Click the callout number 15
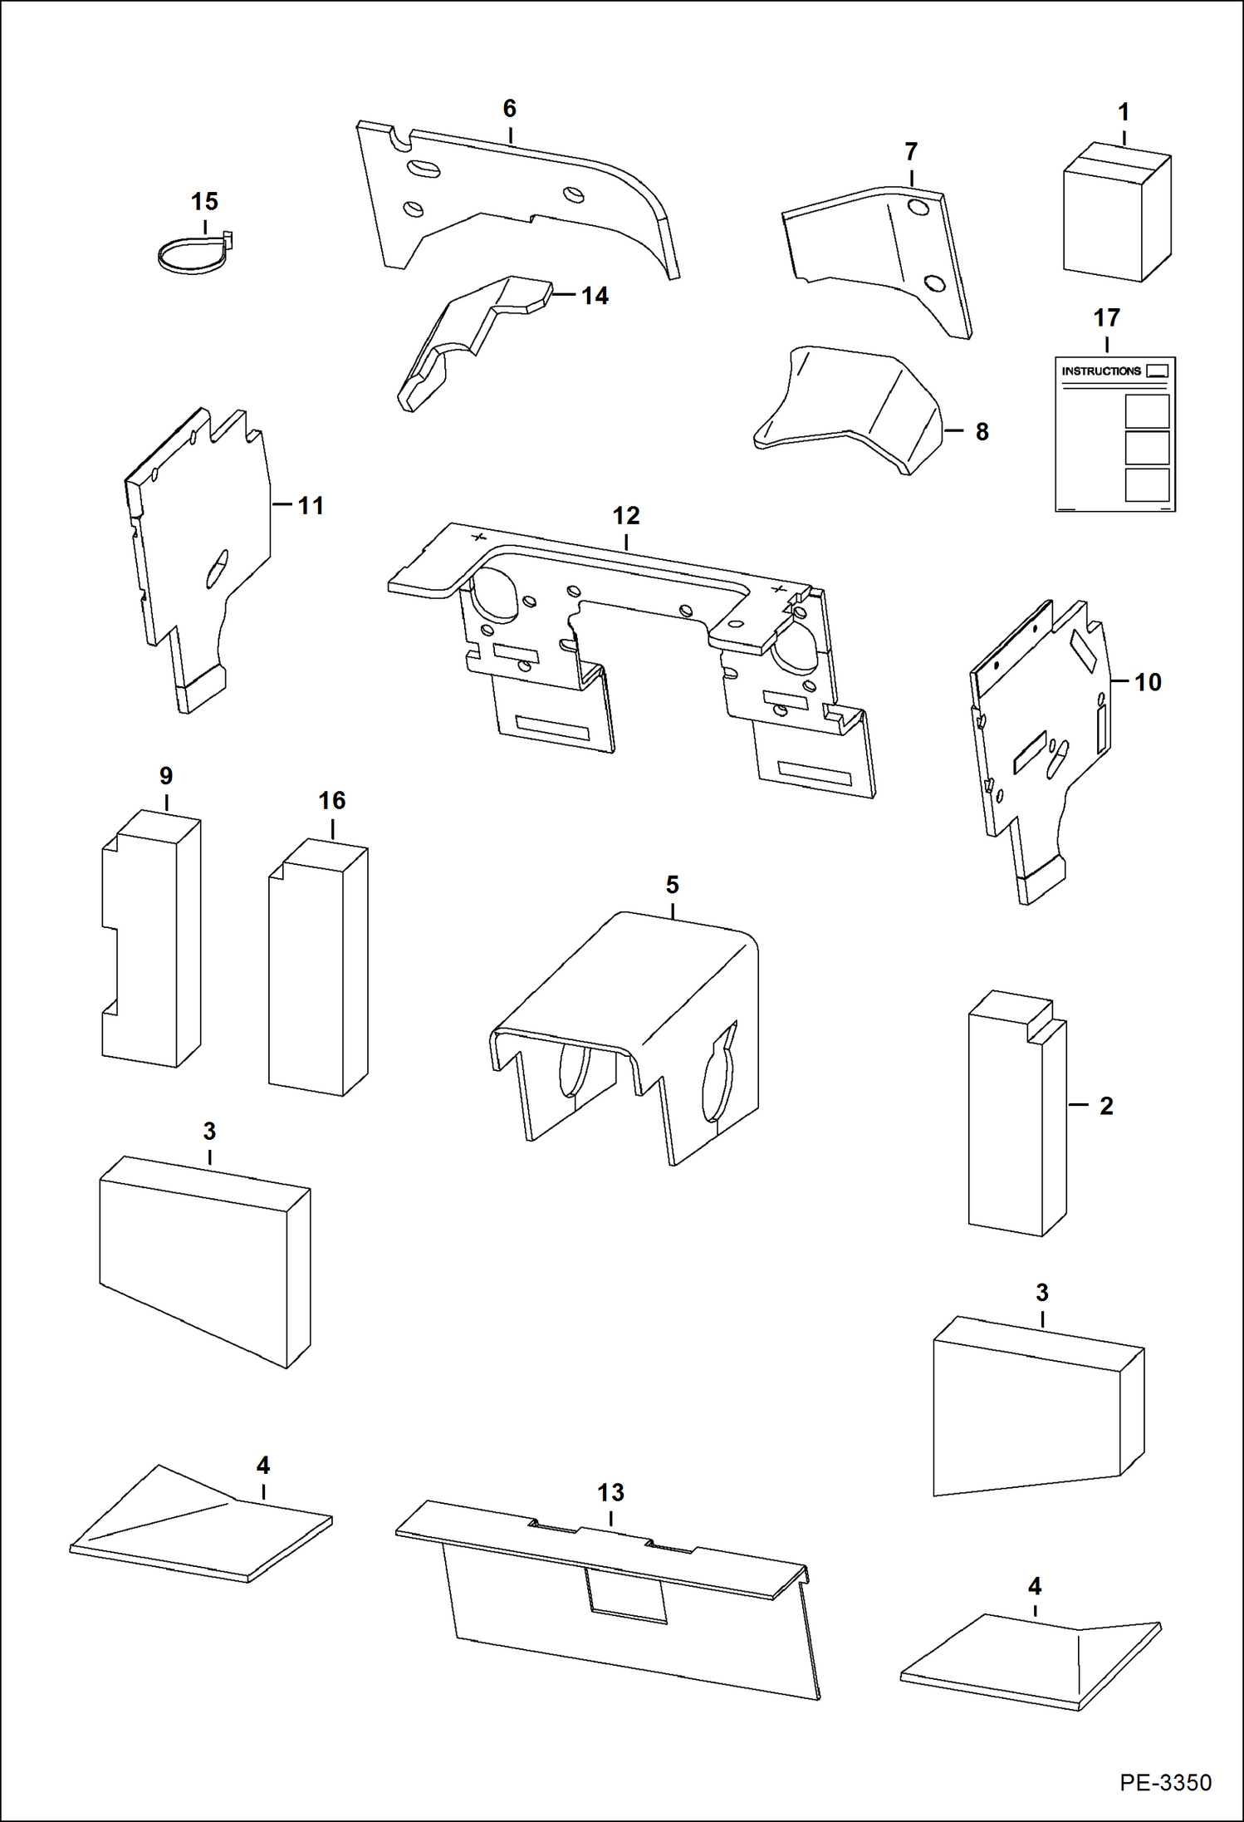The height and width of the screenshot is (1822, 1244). click(x=204, y=202)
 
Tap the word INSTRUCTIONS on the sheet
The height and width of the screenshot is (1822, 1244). click(x=1101, y=371)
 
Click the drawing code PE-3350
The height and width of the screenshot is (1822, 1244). click(x=1164, y=1782)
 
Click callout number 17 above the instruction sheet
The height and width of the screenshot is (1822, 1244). click(x=1106, y=318)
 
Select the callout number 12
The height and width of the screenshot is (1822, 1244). click(x=626, y=516)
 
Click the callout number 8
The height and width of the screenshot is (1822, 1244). click(x=982, y=432)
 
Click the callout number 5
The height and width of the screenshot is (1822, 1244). click(x=672, y=885)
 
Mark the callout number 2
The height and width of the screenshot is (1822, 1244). click(x=1106, y=1106)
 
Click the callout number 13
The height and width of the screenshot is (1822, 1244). click(x=610, y=1493)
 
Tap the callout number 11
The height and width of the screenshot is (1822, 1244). click(x=311, y=506)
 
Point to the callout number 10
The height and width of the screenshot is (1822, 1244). click(x=1148, y=682)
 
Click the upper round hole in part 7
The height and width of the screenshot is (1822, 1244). click(x=918, y=208)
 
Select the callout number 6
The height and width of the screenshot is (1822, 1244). click(x=509, y=109)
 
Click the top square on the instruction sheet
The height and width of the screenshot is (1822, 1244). click(x=1147, y=411)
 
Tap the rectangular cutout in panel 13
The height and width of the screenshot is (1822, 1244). click(x=627, y=1594)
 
